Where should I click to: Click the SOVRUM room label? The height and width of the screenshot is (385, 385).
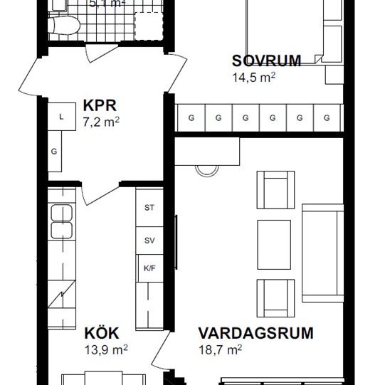[x=266, y=61]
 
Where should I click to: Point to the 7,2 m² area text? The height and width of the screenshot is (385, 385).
[x=100, y=122]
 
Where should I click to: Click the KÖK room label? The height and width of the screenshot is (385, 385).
[x=100, y=333]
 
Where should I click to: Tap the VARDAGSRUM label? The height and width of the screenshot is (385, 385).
[x=255, y=333]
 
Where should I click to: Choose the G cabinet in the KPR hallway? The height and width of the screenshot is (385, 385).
[x=55, y=152]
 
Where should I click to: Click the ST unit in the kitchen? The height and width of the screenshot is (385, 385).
[x=149, y=208]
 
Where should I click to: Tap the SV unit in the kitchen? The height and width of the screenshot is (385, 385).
[x=149, y=241]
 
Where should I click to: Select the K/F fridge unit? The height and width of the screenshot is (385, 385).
[x=149, y=268]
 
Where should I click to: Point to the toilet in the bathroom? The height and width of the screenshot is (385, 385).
[x=63, y=26]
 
